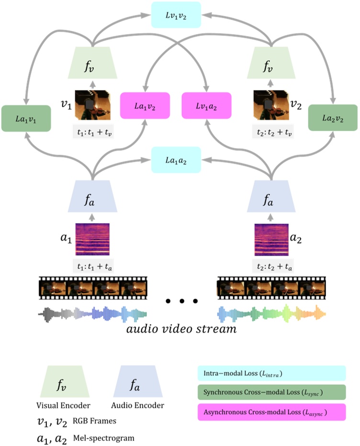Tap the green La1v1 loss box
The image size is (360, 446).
26,118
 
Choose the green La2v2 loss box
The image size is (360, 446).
332,118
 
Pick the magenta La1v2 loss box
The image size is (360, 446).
145,105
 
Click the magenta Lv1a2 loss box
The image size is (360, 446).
207,105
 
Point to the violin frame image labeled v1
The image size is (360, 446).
92,105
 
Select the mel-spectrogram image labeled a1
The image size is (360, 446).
92,239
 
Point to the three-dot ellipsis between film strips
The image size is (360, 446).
181,301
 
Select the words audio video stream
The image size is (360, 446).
182,330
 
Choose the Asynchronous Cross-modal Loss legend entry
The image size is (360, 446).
271,412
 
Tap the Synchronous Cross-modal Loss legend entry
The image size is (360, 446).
271,392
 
